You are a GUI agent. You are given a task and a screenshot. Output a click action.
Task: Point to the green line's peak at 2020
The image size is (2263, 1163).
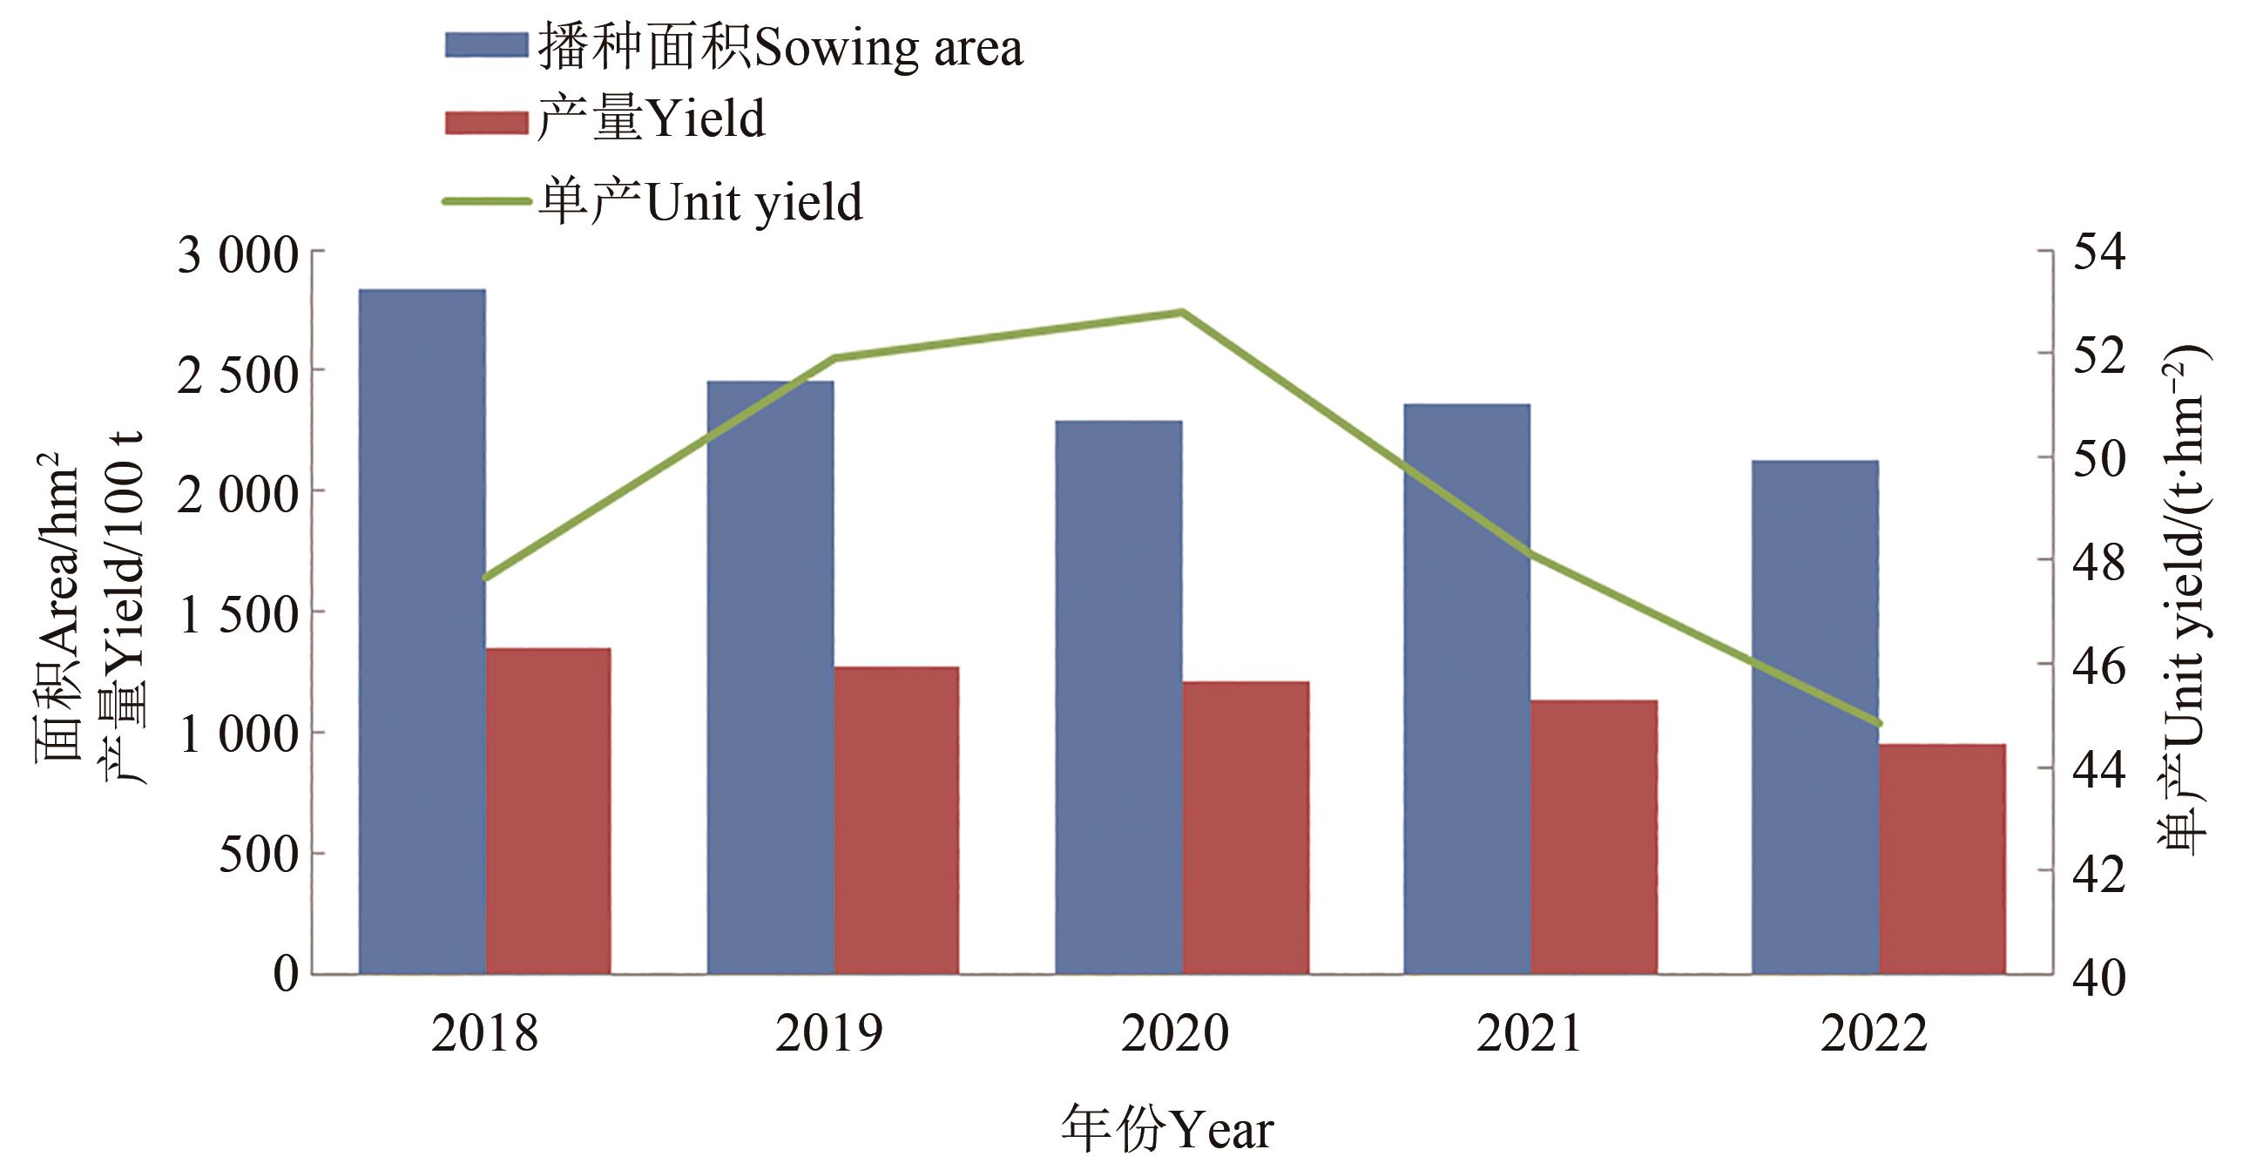click(1181, 312)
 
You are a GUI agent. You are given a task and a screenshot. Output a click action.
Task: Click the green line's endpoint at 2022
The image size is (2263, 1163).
click(1878, 724)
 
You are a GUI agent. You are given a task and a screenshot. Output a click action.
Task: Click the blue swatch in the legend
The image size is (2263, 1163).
click(486, 44)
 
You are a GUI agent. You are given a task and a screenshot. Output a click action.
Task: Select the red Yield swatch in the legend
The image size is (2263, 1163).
click(486, 121)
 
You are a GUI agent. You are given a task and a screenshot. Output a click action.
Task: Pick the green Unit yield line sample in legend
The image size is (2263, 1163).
click(486, 201)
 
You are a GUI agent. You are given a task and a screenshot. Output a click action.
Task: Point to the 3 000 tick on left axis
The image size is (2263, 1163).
click(238, 255)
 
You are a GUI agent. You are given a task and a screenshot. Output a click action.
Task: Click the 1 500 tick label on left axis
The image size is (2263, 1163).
click(238, 614)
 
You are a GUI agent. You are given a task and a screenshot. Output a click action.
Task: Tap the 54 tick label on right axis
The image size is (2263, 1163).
click(2098, 252)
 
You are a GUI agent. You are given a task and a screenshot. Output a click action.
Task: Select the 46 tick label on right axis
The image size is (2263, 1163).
click(2098, 665)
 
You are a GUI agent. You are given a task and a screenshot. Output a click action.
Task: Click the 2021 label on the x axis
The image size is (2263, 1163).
click(1529, 1033)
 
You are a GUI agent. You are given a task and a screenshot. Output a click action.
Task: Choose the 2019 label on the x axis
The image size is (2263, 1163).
click(828, 1033)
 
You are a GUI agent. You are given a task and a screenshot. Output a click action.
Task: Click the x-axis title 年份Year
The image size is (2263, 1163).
click(1166, 1130)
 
